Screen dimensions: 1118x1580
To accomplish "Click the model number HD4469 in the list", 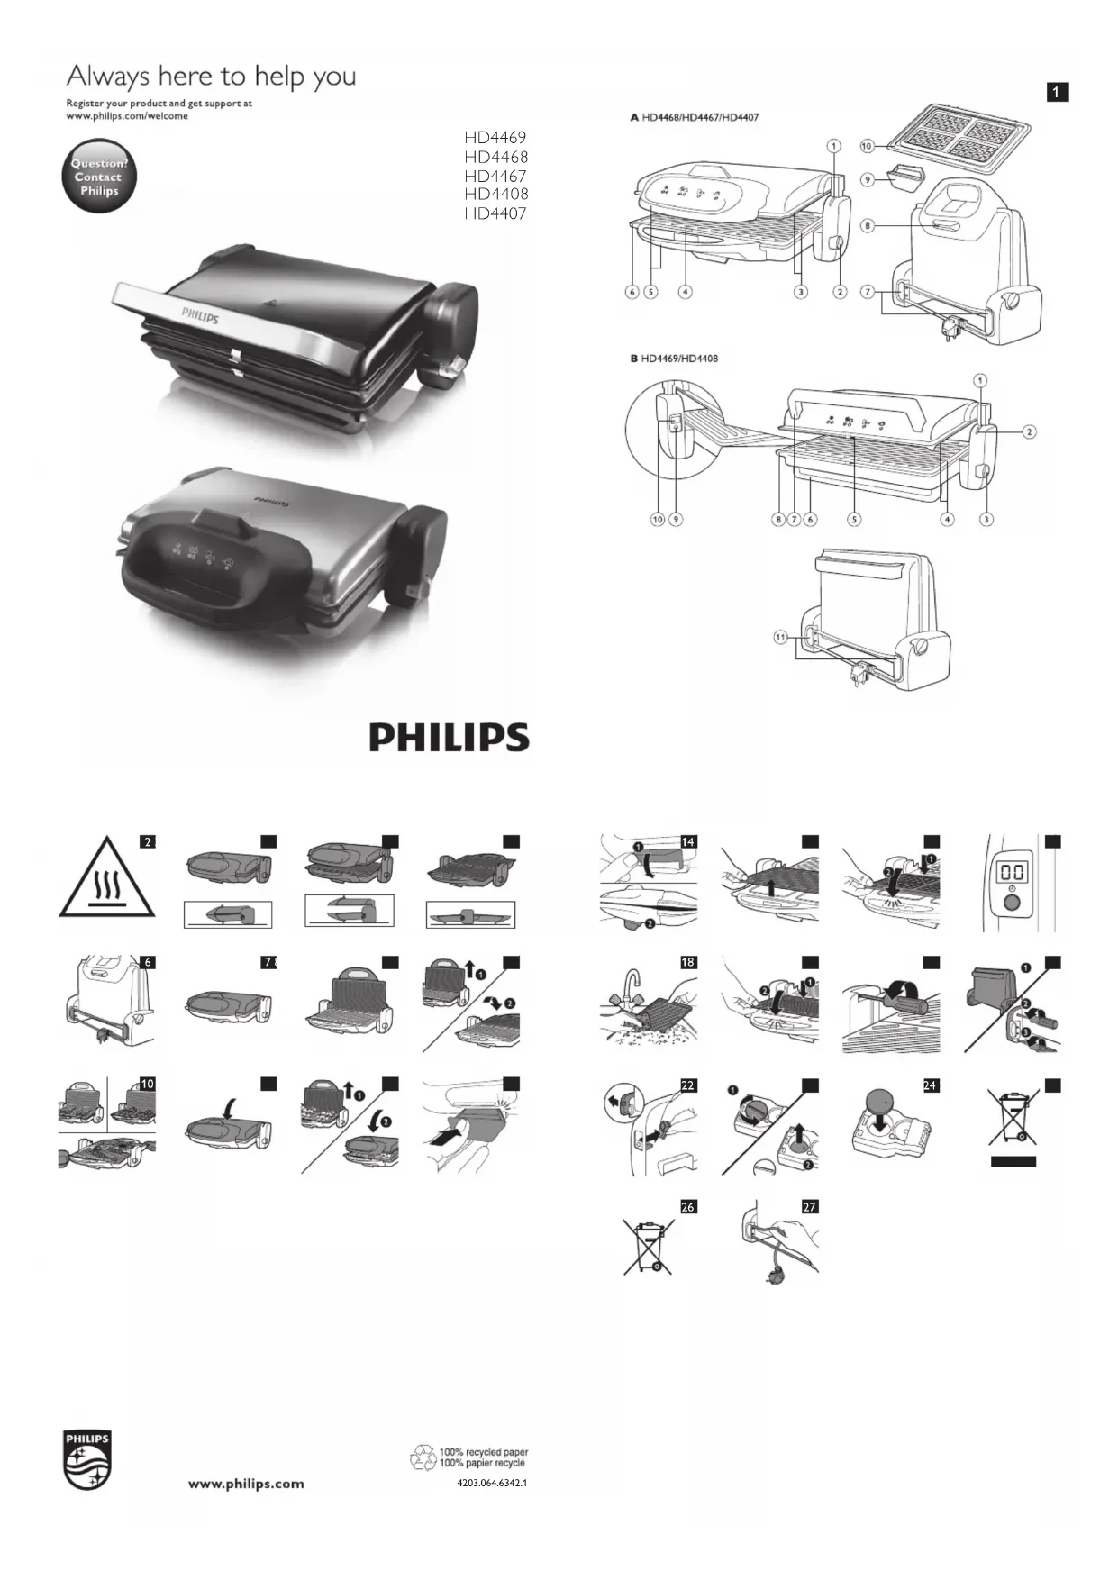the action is [495, 138].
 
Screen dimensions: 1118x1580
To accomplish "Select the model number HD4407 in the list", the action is [495, 213].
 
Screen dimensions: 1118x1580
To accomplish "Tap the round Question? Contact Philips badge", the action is [98, 177].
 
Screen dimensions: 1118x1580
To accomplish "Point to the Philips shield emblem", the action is [87, 1458].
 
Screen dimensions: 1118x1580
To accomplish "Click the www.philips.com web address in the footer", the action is [246, 1484].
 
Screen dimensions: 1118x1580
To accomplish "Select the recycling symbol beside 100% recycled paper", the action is [423, 1457].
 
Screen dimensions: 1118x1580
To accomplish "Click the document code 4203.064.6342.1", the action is [492, 1482].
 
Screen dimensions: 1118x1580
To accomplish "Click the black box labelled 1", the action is [1058, 92].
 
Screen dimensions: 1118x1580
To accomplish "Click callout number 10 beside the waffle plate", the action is [867, 145].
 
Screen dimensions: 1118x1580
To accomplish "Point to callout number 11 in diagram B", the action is [780, 637].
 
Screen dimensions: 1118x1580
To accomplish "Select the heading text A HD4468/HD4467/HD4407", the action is [694, 117].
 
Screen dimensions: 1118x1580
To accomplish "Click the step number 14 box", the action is [688, 841].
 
